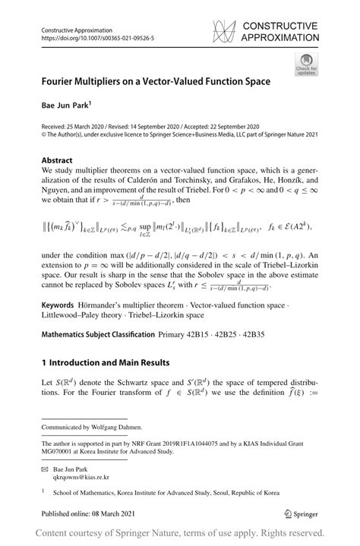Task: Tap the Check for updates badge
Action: (307, 64)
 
